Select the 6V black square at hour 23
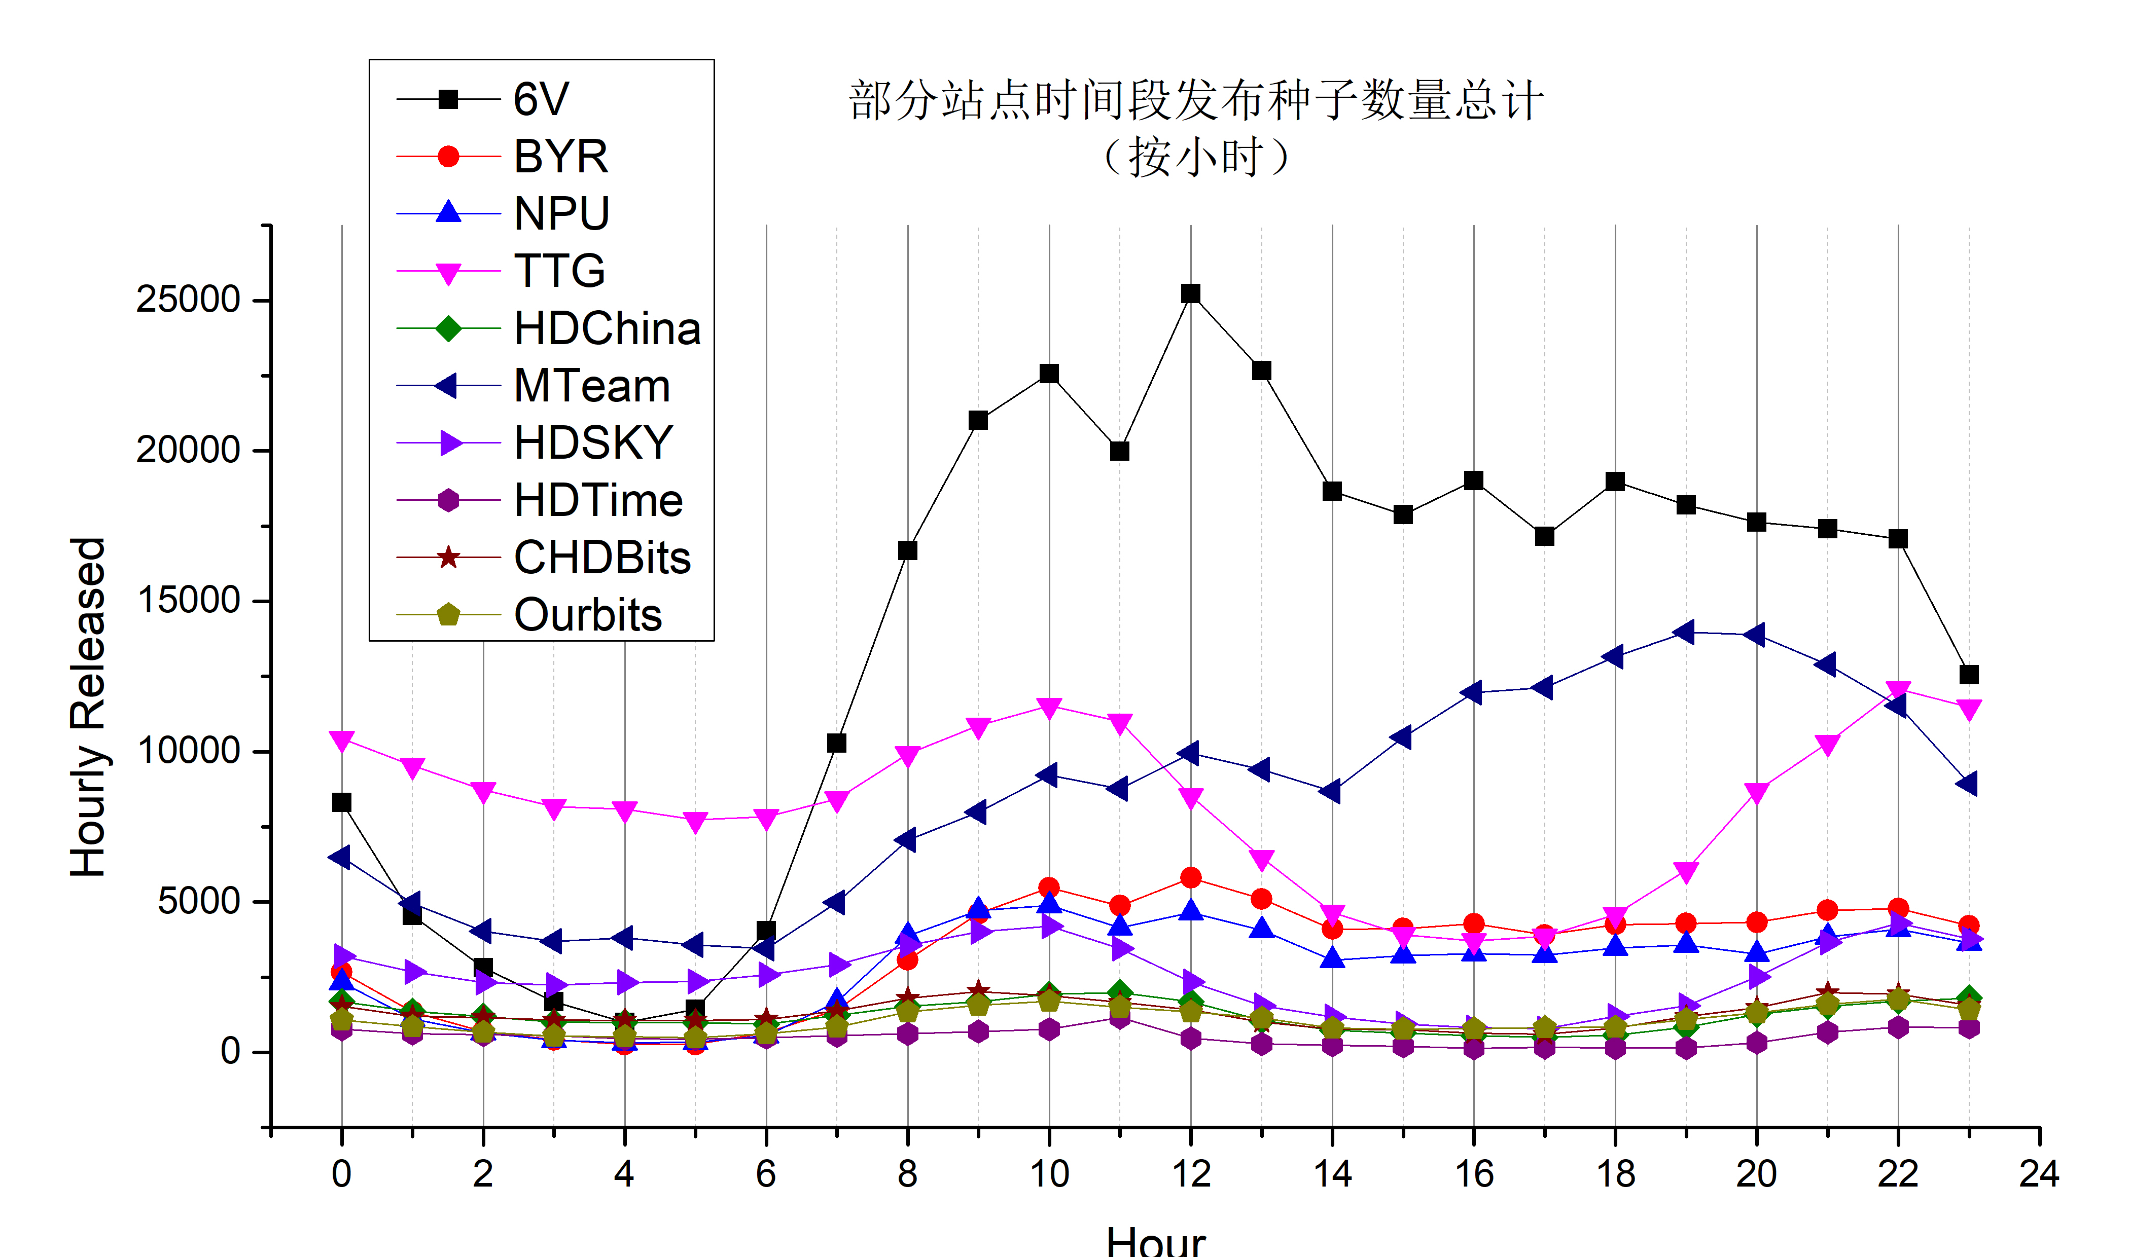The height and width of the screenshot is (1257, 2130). (x=1969, y=674)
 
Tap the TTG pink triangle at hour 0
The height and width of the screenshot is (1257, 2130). (x=341, y=741)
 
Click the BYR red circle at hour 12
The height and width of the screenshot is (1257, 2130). (x=1190, y=877)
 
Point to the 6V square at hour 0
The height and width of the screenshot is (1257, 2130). (x=341, y=802)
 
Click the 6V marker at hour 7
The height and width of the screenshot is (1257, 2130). (x=836, y=743)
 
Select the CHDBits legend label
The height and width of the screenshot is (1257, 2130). (x=602, y=558)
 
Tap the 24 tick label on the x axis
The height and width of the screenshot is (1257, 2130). (x=2039, y=1174)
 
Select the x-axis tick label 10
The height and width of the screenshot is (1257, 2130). (x=1049, y=1174)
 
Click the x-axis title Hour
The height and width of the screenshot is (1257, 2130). (x=1156, y=1241)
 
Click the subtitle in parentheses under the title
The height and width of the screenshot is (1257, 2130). (x=1195, y=158)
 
